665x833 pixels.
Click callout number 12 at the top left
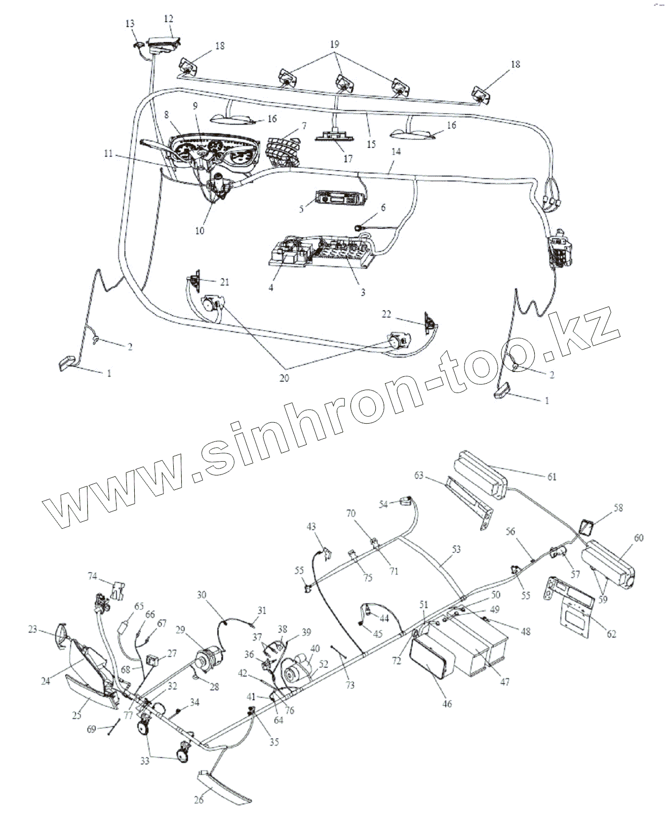tap(169, 19)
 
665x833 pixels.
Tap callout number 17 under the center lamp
tap(348, 159)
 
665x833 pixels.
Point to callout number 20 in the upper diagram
tap(284, 378)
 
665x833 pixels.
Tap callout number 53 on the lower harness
tap(456, 549)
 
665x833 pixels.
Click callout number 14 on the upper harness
tap(396, 152)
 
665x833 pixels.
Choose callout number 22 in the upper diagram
tap(387, 314)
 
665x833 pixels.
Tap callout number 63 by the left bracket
tap(419, 475)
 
